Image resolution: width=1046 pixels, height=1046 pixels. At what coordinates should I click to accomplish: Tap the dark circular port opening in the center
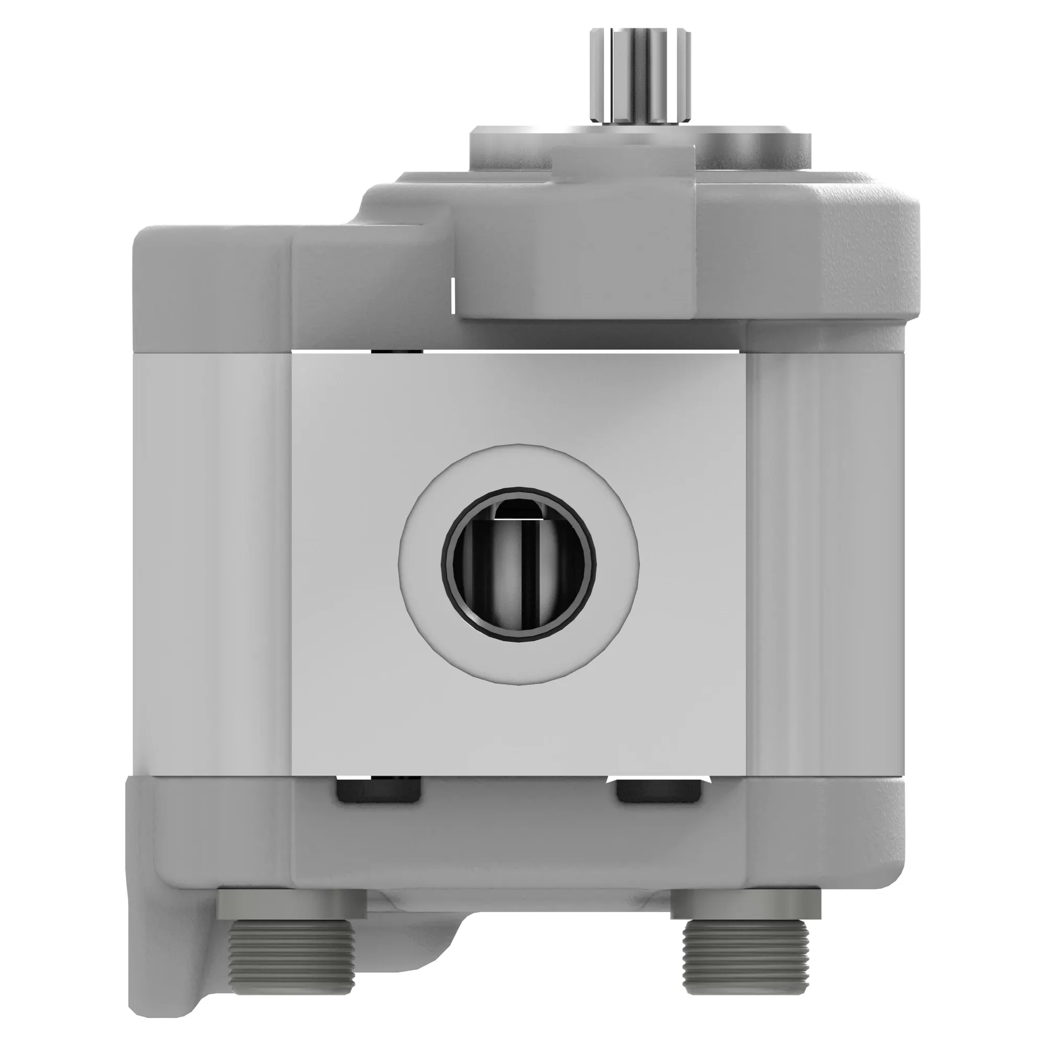(518, 564)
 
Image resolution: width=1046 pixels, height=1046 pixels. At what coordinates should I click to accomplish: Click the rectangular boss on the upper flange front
(576, 238)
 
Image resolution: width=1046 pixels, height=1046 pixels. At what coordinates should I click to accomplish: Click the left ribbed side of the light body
(211, 563)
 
